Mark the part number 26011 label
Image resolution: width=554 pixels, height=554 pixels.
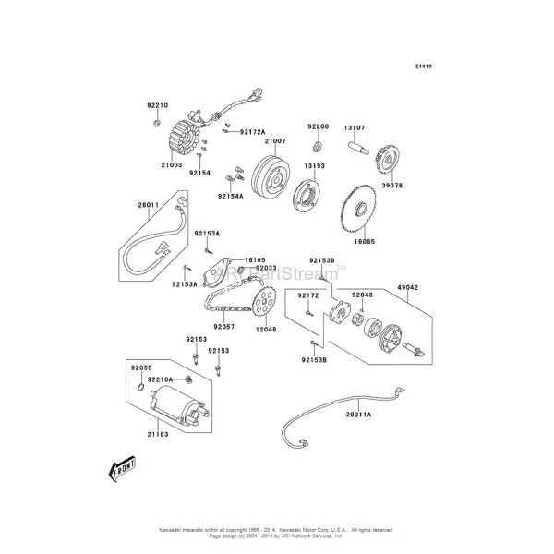(149, 205)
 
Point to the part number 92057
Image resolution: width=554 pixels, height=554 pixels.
(225, 326)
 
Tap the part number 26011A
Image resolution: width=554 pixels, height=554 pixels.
(358, 415)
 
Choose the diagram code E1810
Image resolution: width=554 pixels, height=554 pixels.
(424, 66)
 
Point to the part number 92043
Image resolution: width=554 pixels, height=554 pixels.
(361, 295)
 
